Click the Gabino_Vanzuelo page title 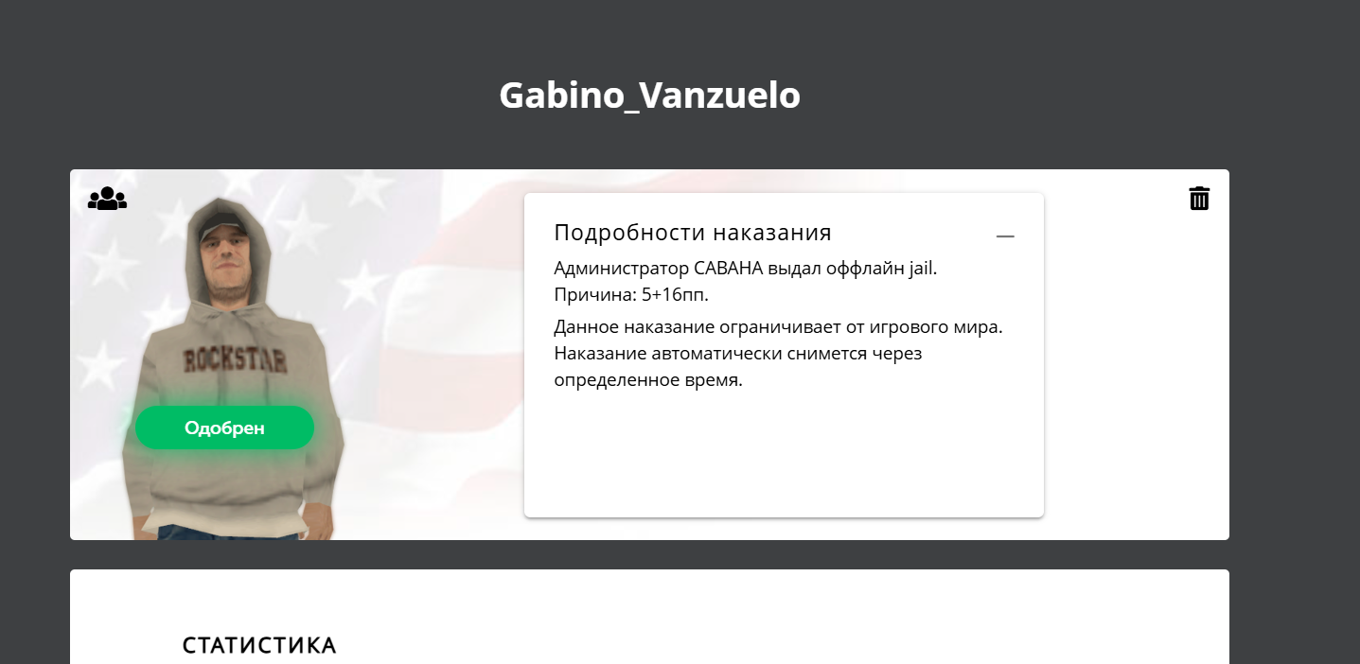point(649,96)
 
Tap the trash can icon point(1199,199)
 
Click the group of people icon point(108,199)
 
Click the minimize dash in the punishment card point(1005,236)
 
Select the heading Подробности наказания point(693,233)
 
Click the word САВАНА point(728,269)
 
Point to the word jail point(923,269)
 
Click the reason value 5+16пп point(675,295)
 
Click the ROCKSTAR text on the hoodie point(235,360)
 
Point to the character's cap point(223,227)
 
